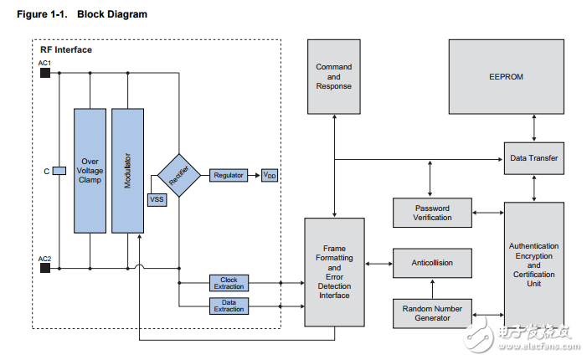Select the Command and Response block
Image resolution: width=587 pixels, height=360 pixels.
coord(333,76)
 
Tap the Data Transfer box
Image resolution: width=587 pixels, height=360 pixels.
coord(534,157)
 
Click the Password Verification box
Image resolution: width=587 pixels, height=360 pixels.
coord(432,213)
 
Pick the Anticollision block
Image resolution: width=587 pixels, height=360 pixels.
coord(432,262)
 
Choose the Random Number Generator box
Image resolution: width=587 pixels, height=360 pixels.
coord(432,313)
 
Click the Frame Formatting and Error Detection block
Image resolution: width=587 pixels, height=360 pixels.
coord(334,272)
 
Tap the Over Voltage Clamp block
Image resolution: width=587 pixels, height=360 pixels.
coord(90,170)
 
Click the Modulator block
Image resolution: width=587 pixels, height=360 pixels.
coord(128,170)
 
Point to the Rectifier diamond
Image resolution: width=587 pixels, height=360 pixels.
coord(178,175)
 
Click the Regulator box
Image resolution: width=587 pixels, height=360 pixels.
coord(229,175)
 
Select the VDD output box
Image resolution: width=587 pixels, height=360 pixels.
coord(270,175)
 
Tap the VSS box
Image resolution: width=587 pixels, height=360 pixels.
coord(157,199)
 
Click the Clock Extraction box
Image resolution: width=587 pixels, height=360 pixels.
coord(229,282)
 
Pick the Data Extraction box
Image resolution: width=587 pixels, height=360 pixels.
coord(229,305)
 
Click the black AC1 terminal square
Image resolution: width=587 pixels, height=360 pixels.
coord(45,73)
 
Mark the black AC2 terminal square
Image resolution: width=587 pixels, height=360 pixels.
coord(45,268)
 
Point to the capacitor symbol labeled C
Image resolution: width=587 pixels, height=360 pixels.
coord(59,172)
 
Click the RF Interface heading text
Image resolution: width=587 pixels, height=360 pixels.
coord(66,50)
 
